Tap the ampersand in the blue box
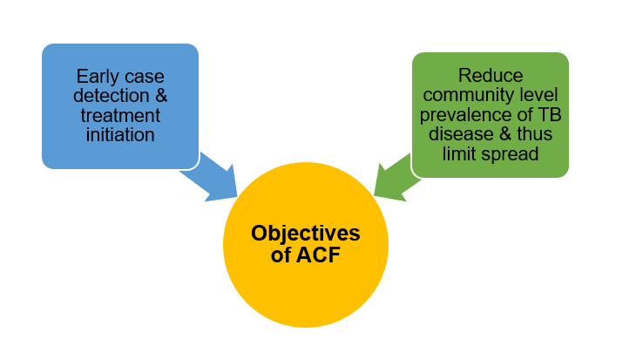(161, 96)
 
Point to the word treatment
(120, 115)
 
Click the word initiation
(120, 135)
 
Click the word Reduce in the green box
(491, 76)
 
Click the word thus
(535, 134)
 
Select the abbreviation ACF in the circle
(318, 255)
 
